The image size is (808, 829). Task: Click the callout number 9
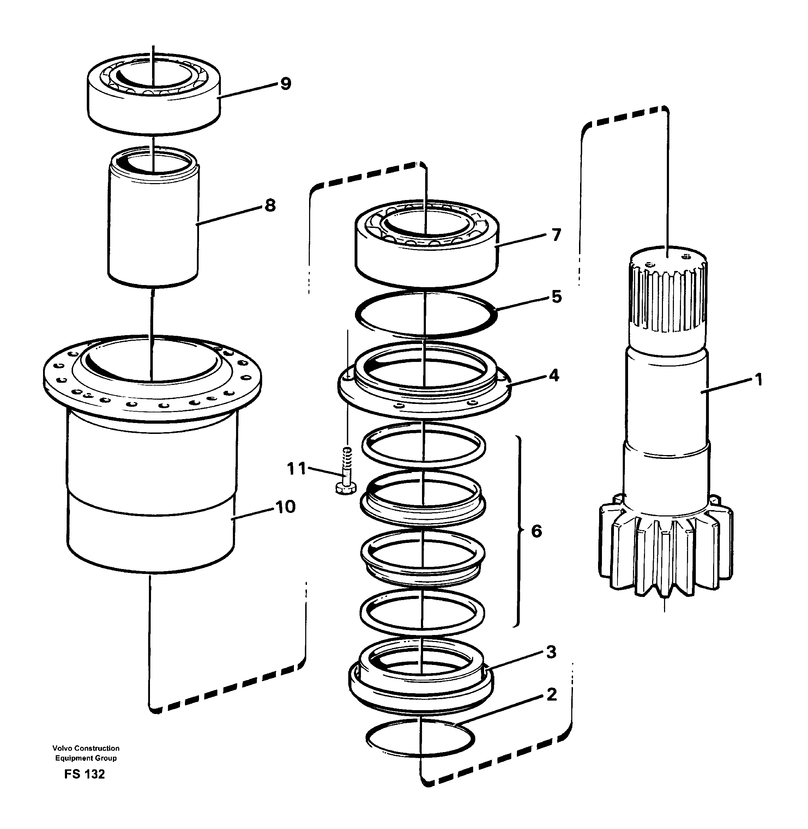pyautogui.click(x=285, y=84)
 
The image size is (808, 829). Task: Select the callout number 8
pyautogui.click(x=270, y=205)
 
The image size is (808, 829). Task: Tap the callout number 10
pyautogui.click(x=285, y=507)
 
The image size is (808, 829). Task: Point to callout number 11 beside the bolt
pyautogui.click(x=296, y=469)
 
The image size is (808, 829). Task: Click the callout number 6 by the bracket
pyautogui.click(x=536, y=531)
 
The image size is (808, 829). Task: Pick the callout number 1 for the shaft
pyautogui.click(x=759, y=379)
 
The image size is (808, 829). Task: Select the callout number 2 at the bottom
pyautogui.click(x=551, y=695)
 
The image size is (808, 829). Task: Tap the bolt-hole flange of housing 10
pyautogui.click(x=153, y=399)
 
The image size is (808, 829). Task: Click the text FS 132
pyautogui.click(x=84, y=774)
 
